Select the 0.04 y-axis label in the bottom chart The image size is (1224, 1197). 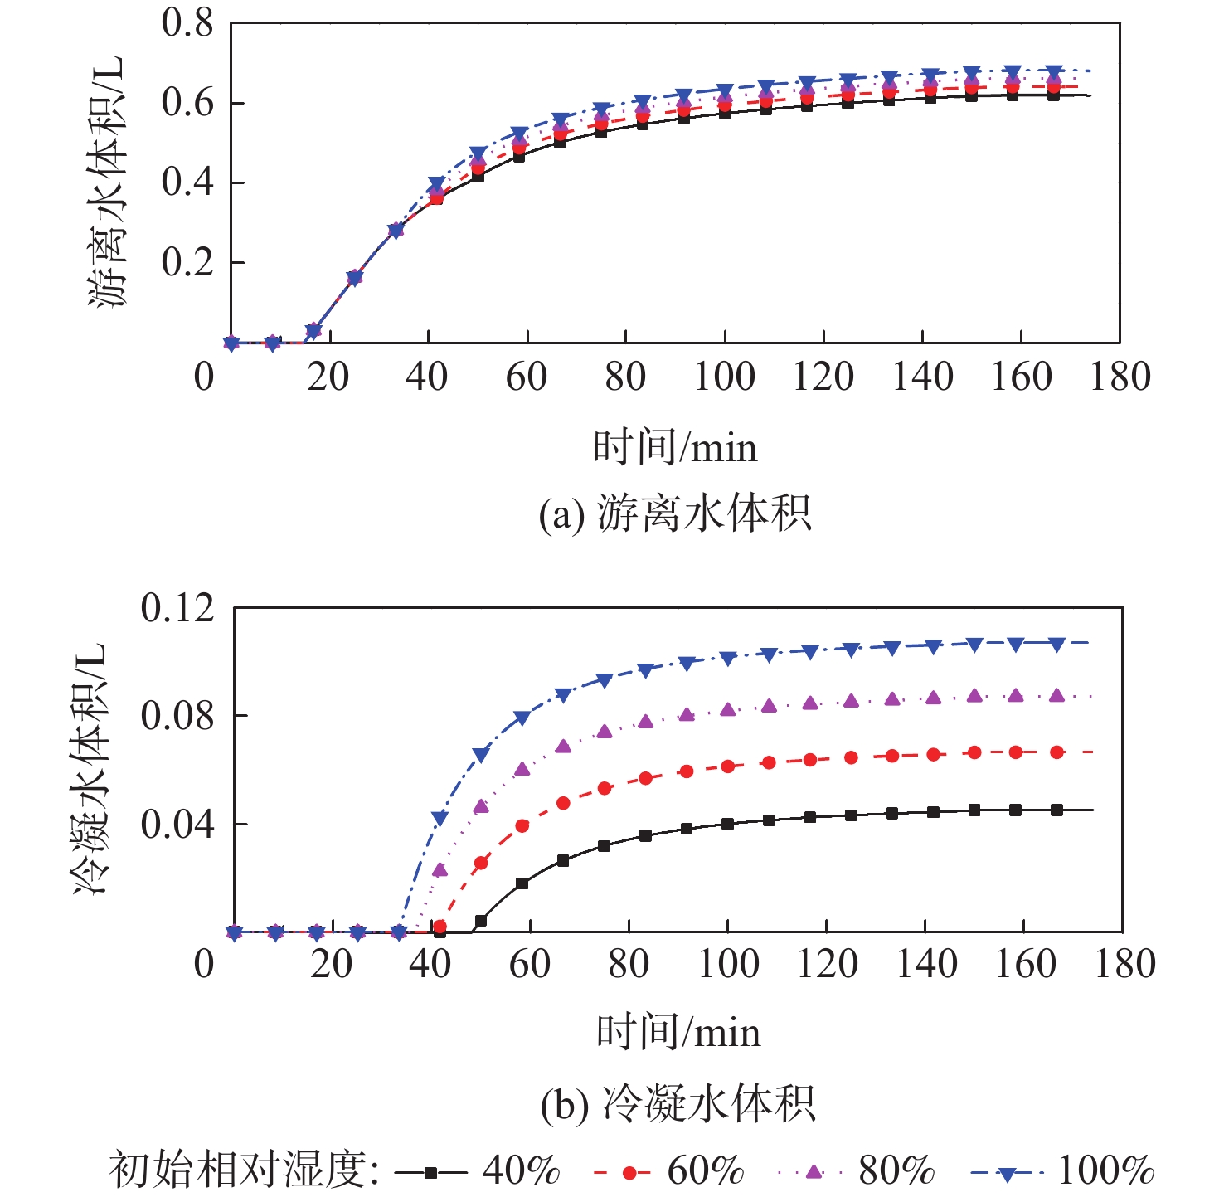[177, 824]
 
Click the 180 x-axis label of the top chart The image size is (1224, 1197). [1120, 377]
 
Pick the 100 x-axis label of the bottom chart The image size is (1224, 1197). [728, 964]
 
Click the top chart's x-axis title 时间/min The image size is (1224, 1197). [675, 448]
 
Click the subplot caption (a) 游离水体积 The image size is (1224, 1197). [675, 514]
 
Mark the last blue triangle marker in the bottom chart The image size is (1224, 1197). [1056, 644]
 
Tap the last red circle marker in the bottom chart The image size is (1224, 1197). [1056, 752]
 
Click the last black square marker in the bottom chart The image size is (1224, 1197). [1056, 810]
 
